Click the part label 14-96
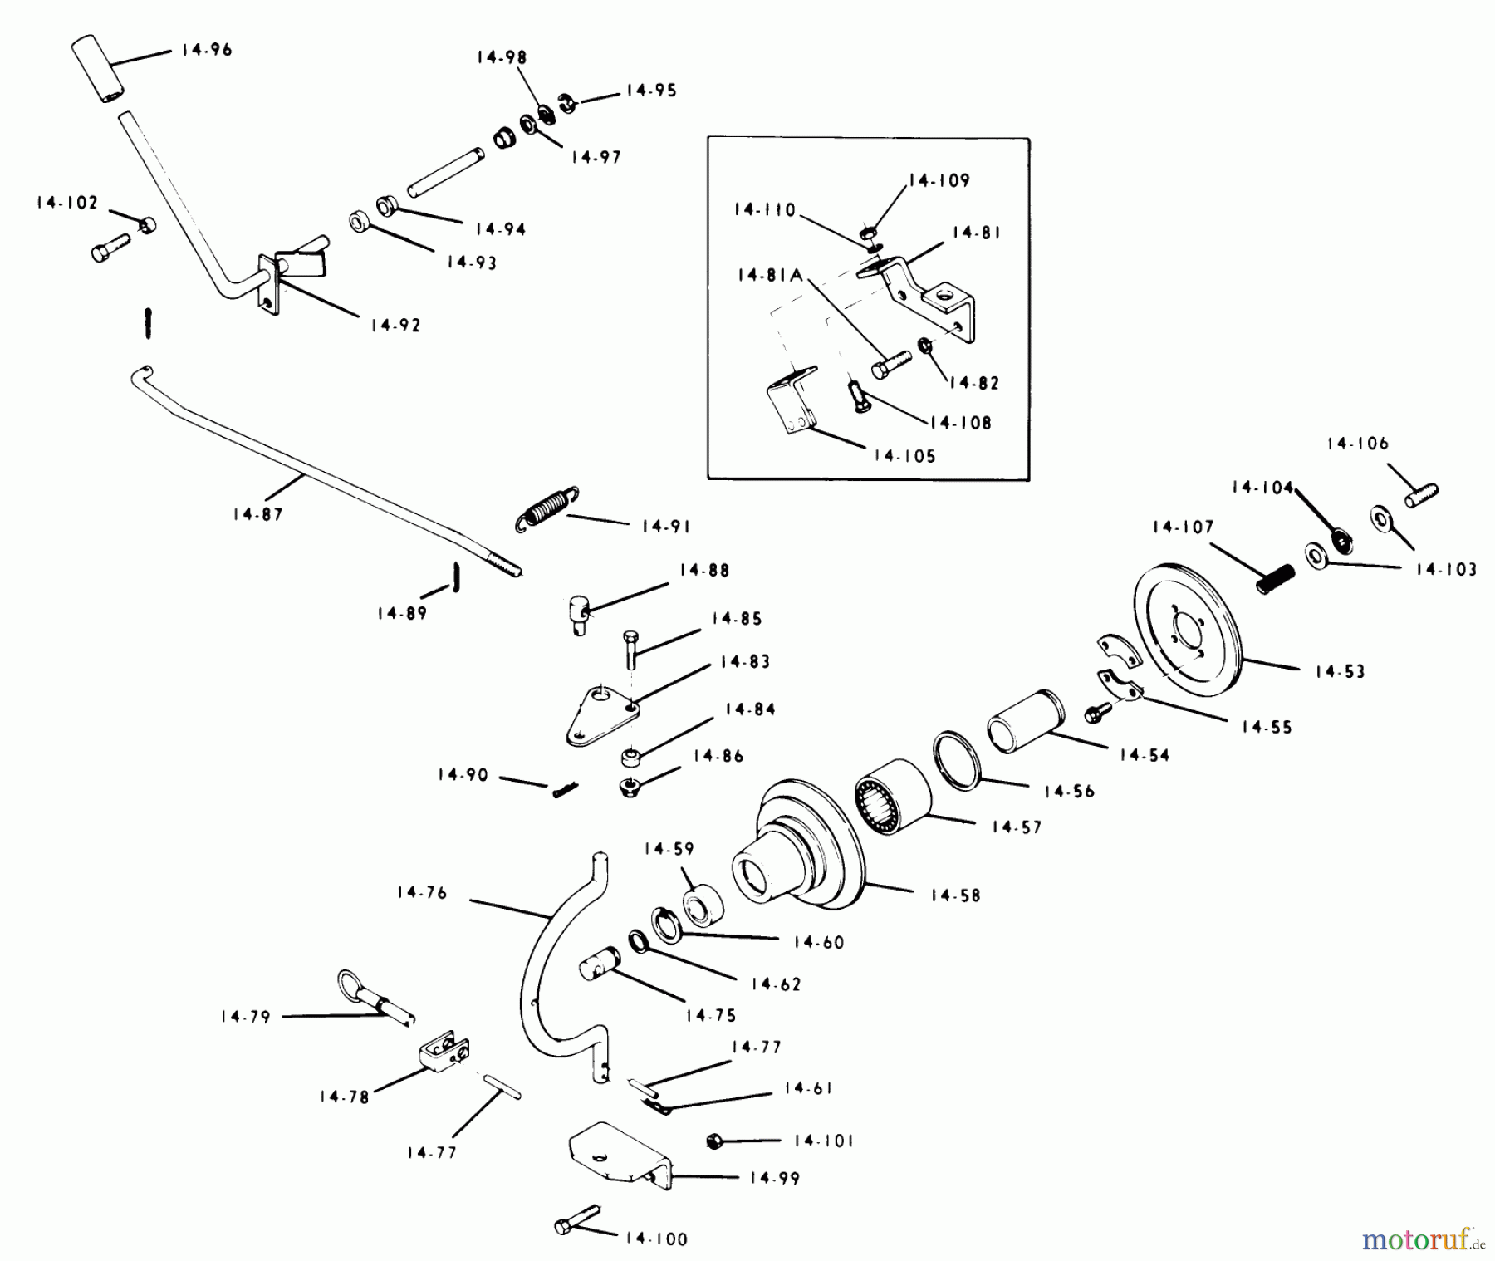point(207,50)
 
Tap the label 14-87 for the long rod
point(258,514)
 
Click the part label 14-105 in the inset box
point(904,455)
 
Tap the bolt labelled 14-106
point(1421,495)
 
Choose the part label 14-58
point(955,895)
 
